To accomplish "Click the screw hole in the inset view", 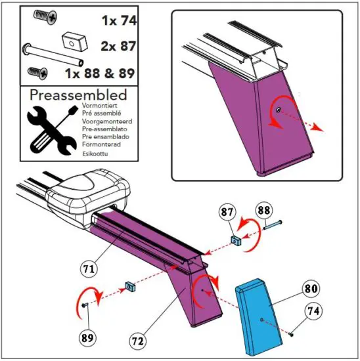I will [x=279, y=110].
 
